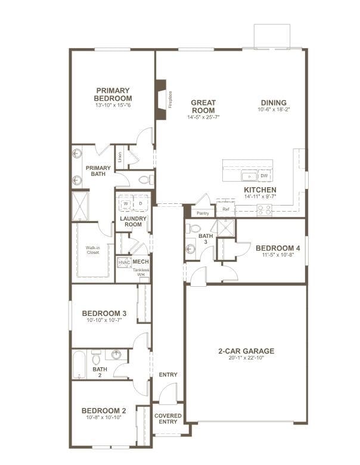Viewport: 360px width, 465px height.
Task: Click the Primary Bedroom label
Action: click(x=113, y=94)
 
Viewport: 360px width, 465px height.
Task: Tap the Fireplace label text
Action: click(x=170, y=100)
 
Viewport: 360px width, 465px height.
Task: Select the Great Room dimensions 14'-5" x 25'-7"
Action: click(x=203, y=117)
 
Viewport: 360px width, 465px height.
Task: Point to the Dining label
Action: click(x=274, y=103)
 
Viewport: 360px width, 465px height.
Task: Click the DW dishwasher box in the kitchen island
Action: click(x=264, y=175)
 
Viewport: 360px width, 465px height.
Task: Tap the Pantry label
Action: click(x=203, y=213)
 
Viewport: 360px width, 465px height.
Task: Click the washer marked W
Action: click(x=126, y=203)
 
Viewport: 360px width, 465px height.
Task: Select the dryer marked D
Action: click(x=141, y=203)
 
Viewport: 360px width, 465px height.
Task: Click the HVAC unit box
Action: click(x=124, y=262)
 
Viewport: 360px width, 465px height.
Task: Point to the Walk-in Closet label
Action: click(x=93, y=250)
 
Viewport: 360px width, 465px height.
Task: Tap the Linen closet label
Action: click(x=120, y=157)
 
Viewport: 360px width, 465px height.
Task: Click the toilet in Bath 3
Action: click(x=193, y=228)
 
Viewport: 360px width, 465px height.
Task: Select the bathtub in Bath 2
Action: click(x=79, y=364)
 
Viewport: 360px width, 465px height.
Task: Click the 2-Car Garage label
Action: click(x=246, y=351)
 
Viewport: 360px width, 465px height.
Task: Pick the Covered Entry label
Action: click(x=168, y=418)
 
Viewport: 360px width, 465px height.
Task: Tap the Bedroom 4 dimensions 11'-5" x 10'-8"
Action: click(x=278, y=255)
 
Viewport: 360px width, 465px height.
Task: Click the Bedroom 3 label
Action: click(x=104, y=314)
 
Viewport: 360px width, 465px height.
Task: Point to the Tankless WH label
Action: click(x=141, y=272)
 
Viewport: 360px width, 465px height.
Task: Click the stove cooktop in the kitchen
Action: click(x=264, y=210)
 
